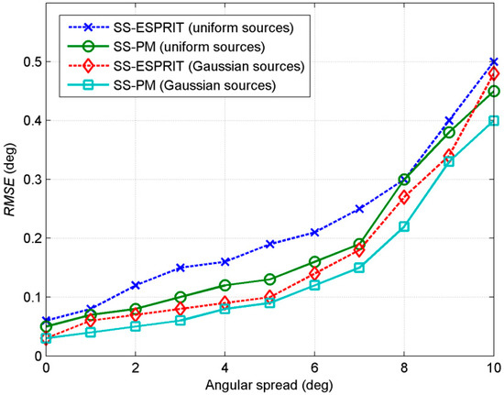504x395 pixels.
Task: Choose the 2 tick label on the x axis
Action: pyautogui.click(x=136, y=368)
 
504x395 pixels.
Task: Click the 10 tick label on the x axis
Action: pyautogui.click(x=494, y=368)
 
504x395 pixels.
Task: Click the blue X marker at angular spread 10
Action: pyautogui.click(x=494, y=61)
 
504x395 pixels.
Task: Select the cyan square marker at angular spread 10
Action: pyautogui.click(x=494, y=120)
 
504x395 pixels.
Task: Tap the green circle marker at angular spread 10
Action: pyautogui.click(x=494, y=91)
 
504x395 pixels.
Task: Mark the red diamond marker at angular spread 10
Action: pyautogui.click(x=494, y=73)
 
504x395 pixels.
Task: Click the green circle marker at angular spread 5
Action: pyautogui.click(x=270, y=279)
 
